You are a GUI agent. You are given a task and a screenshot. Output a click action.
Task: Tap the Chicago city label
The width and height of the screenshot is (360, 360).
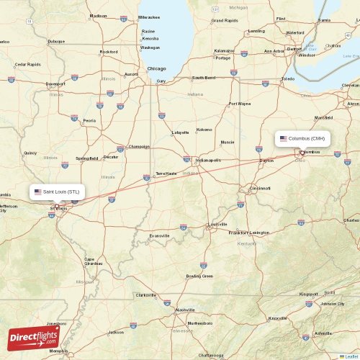(x=156, y=68)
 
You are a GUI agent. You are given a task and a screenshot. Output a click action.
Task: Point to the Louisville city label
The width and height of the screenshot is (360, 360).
(x=217, y=224)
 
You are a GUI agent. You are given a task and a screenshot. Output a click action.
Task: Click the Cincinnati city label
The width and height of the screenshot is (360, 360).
(x=259, y=188)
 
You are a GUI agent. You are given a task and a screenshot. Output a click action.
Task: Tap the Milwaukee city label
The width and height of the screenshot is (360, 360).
(x=150, y=16)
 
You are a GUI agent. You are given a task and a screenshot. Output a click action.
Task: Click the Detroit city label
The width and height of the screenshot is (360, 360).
(x=294, y=48)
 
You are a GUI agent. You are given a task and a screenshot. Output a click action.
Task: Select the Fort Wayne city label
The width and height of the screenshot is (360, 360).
(x=240, y=104)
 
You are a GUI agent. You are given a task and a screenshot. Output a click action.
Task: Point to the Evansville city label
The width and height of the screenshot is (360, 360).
(x=159, y=235)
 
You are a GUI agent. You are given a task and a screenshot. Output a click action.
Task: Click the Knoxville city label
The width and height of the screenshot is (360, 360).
(x=277, y=318)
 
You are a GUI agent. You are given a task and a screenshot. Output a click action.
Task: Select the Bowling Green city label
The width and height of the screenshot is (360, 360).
(x=199, y=276)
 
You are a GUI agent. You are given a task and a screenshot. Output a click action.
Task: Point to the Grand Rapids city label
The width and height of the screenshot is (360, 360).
(x=224, y=21)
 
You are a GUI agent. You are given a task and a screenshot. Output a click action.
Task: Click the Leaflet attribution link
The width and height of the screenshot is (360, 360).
(x=351, y=356)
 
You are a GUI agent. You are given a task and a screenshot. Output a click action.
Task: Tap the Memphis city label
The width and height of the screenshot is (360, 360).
(x=59, y=351)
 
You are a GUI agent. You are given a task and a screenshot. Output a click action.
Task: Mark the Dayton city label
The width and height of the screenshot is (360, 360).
(x=266, y=160)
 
